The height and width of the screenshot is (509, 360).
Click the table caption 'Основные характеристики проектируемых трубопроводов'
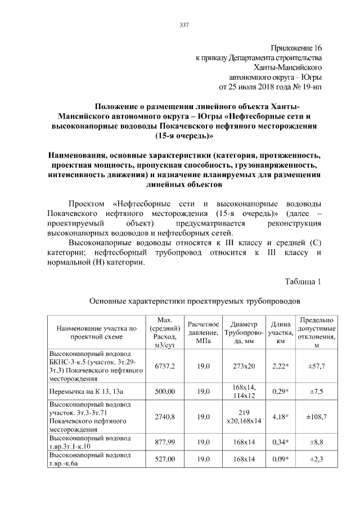[x=198, y=301]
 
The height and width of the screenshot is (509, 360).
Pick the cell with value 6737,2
[x=165, y=366]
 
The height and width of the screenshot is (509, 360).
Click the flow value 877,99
[x=165, y=443]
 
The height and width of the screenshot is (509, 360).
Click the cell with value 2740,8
[x=165, y=417]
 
